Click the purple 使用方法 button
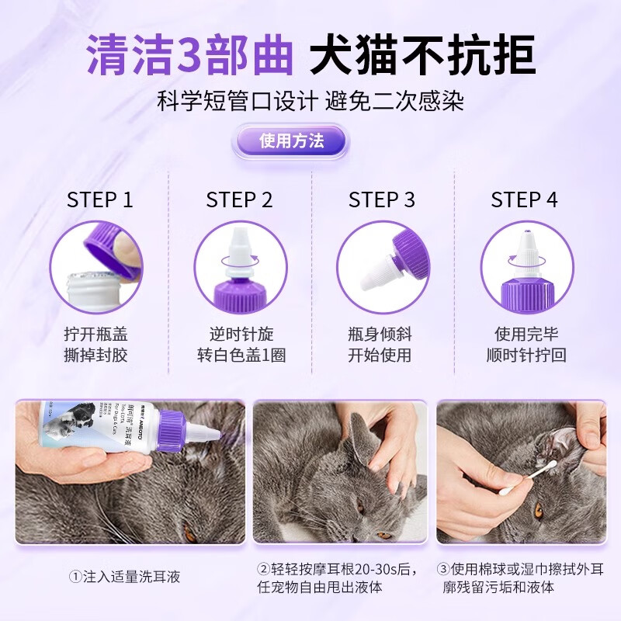tap(291, 141)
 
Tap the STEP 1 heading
tap(100, 199)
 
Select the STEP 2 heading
tap(239, 199)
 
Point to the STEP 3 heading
tap(382, 199)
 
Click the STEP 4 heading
tap(524, 199)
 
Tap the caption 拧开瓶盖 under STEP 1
tap(95, 335)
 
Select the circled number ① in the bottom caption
tap(75, 577)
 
